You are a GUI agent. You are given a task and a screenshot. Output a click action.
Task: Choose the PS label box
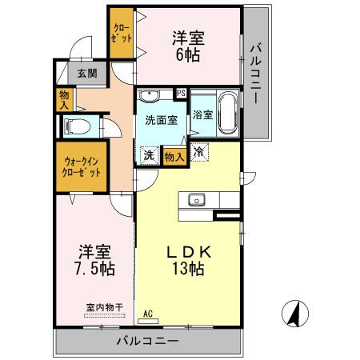(182, 93)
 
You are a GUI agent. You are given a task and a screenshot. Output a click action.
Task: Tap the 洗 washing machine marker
(149, 155)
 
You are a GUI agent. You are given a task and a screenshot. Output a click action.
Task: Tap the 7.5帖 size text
(95, 269)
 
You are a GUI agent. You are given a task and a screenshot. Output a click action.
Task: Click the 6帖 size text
(189, 54)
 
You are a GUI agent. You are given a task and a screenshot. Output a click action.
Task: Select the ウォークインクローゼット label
(81, 166)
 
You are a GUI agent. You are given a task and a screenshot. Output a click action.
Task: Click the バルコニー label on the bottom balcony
(147, 340)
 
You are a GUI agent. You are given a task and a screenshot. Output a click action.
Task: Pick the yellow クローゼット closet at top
(122, 33)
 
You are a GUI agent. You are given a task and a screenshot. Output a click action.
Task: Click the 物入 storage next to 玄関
(65, 100)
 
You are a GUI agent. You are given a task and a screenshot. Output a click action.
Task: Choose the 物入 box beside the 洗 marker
(174, 156)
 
